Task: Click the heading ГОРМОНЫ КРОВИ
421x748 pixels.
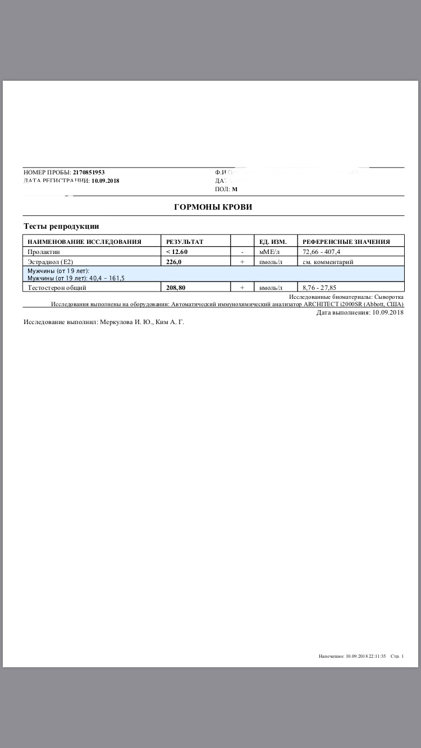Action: (213, 207)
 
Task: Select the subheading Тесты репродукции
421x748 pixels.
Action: (61, 226)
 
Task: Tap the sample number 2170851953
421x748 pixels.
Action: (89, 172)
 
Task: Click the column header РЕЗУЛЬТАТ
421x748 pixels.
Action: (185, 242)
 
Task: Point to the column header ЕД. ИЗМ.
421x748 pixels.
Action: (273, 242)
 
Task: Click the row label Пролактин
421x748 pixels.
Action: (44, 252)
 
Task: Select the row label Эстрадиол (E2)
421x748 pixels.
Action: (51, 262)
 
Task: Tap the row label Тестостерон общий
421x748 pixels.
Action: (57, 288)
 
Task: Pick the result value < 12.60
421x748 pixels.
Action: (177, 252)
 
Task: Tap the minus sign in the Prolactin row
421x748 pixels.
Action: (242, 252)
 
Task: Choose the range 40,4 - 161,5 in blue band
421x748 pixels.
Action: (107, 278)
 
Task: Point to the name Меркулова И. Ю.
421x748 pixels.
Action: (125, 322)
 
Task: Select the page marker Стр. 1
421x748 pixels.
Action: (397, 655)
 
